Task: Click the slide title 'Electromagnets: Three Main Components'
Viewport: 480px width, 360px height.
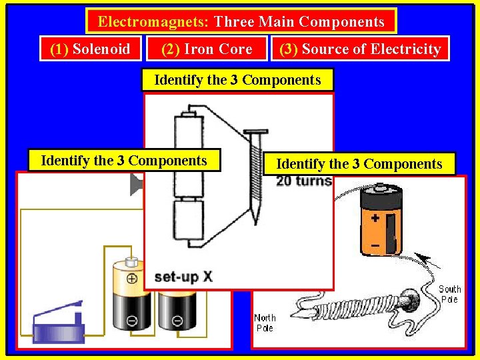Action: tap(241, 21)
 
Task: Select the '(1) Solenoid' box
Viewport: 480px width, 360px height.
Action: tap(91, 49)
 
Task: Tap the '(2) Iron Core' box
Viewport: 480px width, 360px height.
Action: tap(207, 49)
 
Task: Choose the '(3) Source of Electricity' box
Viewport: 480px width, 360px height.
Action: tap(360, 49)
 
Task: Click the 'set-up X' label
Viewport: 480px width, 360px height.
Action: tap(183, 276)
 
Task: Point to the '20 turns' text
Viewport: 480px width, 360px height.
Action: tap(303, 181)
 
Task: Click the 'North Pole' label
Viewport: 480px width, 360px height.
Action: tap(265, 323)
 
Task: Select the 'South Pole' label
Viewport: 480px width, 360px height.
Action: tap(449, 294)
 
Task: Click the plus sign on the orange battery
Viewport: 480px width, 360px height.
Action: tap(375, 218)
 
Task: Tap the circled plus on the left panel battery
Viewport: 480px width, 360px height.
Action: tap(132, 279)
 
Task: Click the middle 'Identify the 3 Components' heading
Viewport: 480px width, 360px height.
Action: tap(237, 80)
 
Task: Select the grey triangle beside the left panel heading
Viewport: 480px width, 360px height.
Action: tap(136, 185)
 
